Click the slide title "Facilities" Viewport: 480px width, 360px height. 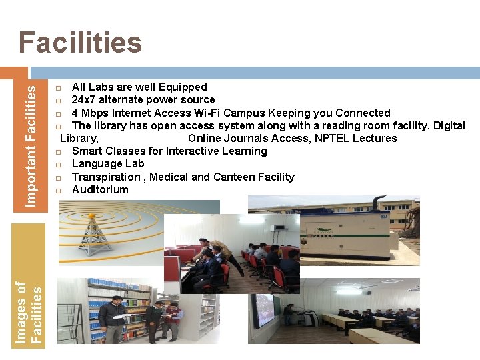[x=80, y=43]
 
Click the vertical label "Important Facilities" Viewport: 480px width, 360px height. [x=31, y=139]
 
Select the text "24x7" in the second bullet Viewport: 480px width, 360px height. [x=84, y=100]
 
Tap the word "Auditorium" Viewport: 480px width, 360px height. [x=100, y=189]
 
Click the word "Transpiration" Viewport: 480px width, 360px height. [x=106, y=177]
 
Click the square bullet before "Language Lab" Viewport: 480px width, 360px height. [x=58, y=165]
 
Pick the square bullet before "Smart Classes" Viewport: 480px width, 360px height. [x=58, y=152]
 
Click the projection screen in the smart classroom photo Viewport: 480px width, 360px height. [x=266, y=310]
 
